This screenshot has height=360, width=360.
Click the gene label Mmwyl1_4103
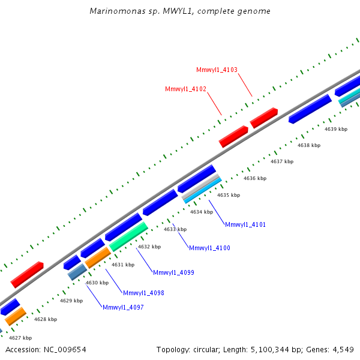217,70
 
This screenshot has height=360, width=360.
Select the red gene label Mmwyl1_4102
185,89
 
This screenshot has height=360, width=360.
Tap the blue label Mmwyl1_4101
245,224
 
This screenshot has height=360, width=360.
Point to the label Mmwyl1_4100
209,248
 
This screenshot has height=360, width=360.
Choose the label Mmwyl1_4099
173,272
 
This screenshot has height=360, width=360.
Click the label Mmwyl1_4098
143,293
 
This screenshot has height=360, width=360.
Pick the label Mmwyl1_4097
123,307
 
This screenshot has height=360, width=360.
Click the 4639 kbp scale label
336,129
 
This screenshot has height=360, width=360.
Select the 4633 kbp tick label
175,229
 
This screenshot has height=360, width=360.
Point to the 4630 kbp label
97,283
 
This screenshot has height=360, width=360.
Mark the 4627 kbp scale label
20,338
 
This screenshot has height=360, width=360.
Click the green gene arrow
128,236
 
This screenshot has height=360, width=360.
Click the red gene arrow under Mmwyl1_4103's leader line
263,118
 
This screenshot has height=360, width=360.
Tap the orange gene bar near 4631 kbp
97,257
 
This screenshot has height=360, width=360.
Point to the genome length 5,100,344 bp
271,349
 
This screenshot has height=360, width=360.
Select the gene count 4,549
341,349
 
